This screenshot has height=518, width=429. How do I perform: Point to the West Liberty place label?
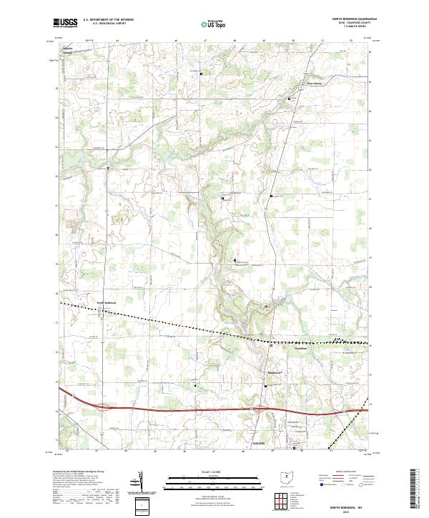pyautogui.click(x=315, y=81)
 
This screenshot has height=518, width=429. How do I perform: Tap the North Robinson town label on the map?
pyautogui.click(x=107, y=302)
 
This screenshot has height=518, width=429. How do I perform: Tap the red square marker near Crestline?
pyautogui.click(x=270, y=345)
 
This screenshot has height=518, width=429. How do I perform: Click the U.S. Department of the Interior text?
pyautogui.click(x=108, y=20)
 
